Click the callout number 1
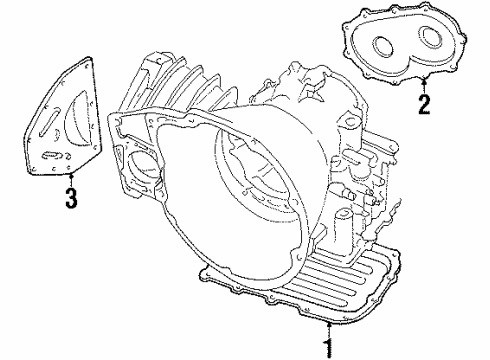coord(329,349)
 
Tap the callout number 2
coord(424,104)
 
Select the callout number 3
coord(71,198)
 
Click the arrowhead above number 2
coord(424,79)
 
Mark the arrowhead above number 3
coord(71,175)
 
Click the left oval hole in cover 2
coord(382,45)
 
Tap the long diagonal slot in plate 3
coord(50,121)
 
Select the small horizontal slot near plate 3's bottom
coord(51,155)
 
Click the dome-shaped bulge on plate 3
coord(81,119)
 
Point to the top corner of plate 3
coord(89,58)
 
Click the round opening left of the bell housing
coord(143,164)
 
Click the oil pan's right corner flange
coord(395,253)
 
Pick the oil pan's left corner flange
coord(204,274)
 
